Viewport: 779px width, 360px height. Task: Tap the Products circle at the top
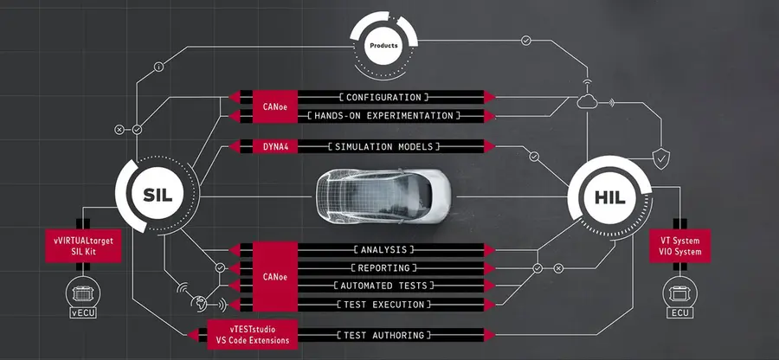pyautogui.click(x=383, y=46)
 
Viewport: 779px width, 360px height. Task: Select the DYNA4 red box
pyautogui.click(x=274, y=146)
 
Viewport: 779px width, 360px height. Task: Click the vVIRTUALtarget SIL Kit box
pyautogui.click(x=83, y=246)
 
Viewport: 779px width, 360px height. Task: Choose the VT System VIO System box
pyautogui.click(x=680, y=246)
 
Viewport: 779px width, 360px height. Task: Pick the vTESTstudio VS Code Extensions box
pyautogui.click(x=253, y=335)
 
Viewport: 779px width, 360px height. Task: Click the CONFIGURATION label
pyautogui.click(x=383, y=97)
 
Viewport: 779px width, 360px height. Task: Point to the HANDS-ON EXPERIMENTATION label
pyautogui.click(x=383, y=116)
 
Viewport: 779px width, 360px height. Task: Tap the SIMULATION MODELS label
pyautogui.click(x=383, y=146)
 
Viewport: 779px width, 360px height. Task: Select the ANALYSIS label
pyautogui.click(x=383, y=249)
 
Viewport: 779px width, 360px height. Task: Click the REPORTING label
pyautogui.click(x=383, y=267)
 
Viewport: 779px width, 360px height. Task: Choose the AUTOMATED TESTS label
pyautogui.click(x=383, y=286)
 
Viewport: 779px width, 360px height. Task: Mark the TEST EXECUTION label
pyautogui.click(x=383, y=305)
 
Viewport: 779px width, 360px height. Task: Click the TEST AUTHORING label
pyautogui.click(x=383, y=335)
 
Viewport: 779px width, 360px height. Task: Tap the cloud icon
pyautogui.click(x=587, y=102)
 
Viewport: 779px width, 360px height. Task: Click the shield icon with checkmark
pyautogui.click(x=660, y=159)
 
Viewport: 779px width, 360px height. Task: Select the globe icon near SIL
pyautogui.click(x=199, y=302)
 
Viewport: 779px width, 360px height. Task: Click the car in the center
pyautogui.click(x=383, y=196)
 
